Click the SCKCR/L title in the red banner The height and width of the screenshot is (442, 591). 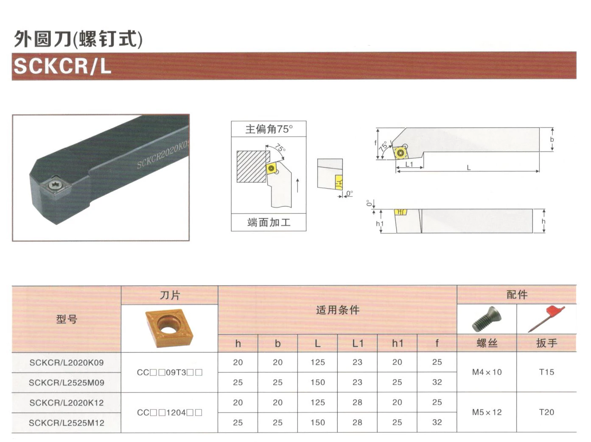coord(62,66)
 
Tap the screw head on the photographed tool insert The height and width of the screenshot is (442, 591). coord(55,185)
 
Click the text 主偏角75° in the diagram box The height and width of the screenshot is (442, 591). coord(269,129)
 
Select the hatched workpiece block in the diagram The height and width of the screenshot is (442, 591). coord(251,166)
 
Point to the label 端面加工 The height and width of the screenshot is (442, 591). coord(269,222)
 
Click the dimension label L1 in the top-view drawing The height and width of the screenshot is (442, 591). coord(409,164)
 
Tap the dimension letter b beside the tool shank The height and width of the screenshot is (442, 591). coord(552,140)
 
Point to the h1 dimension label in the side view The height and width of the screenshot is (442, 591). coord(380,224)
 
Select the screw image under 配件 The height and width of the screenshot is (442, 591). coord(487,319)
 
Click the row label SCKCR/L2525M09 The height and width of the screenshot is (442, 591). coord(67,383)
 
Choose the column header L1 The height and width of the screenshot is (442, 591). coord(358,343)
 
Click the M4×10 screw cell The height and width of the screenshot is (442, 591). coord(487,372)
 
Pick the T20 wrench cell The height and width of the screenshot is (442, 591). coord(546,412)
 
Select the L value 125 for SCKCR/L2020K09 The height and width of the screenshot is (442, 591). coord(317,362)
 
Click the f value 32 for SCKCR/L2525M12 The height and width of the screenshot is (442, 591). coord(437,422)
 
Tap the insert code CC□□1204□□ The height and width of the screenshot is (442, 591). coord(169,412)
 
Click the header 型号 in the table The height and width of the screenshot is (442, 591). coord(67,319)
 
